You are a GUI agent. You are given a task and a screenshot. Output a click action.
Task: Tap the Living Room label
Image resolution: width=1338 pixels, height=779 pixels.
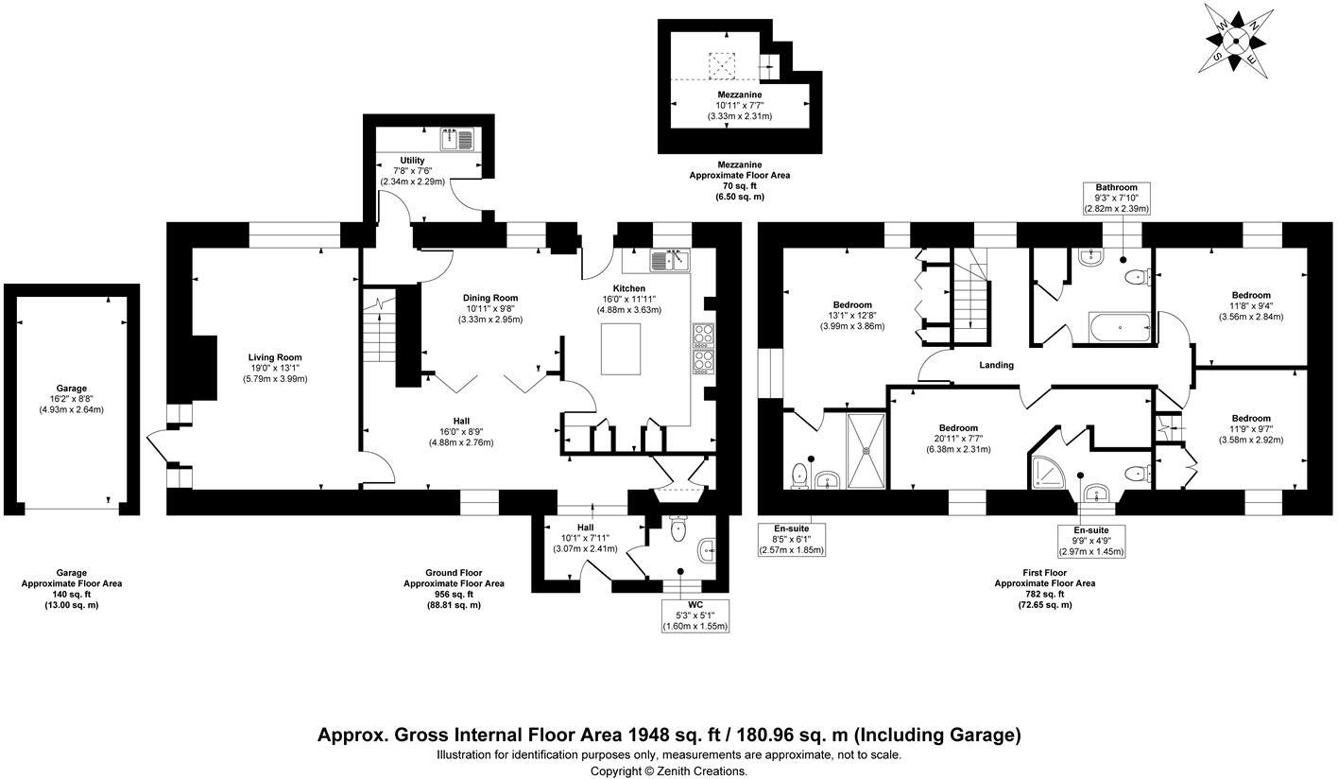[275, 357]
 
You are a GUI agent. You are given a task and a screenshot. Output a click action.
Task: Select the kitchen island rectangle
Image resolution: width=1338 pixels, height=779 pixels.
[620, 349]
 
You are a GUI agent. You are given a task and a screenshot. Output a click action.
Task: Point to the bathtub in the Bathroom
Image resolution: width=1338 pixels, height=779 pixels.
[1120, 328]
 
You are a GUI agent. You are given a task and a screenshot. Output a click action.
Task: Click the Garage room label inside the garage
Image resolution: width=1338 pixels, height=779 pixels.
[71, 388]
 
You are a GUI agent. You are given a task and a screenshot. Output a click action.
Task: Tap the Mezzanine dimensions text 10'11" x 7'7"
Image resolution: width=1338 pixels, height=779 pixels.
[739, 106]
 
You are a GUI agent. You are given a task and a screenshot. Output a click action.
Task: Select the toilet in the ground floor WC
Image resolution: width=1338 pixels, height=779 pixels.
[677, 530]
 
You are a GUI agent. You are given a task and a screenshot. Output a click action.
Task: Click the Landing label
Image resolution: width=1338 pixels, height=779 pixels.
[996, 365]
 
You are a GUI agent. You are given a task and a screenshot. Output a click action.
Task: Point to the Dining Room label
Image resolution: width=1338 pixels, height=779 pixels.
[491, 298]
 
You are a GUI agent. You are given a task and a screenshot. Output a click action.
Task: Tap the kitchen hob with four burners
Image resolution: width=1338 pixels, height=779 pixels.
[703, 348]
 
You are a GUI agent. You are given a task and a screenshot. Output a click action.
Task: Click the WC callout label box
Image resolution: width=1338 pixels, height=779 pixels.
[695, 615]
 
